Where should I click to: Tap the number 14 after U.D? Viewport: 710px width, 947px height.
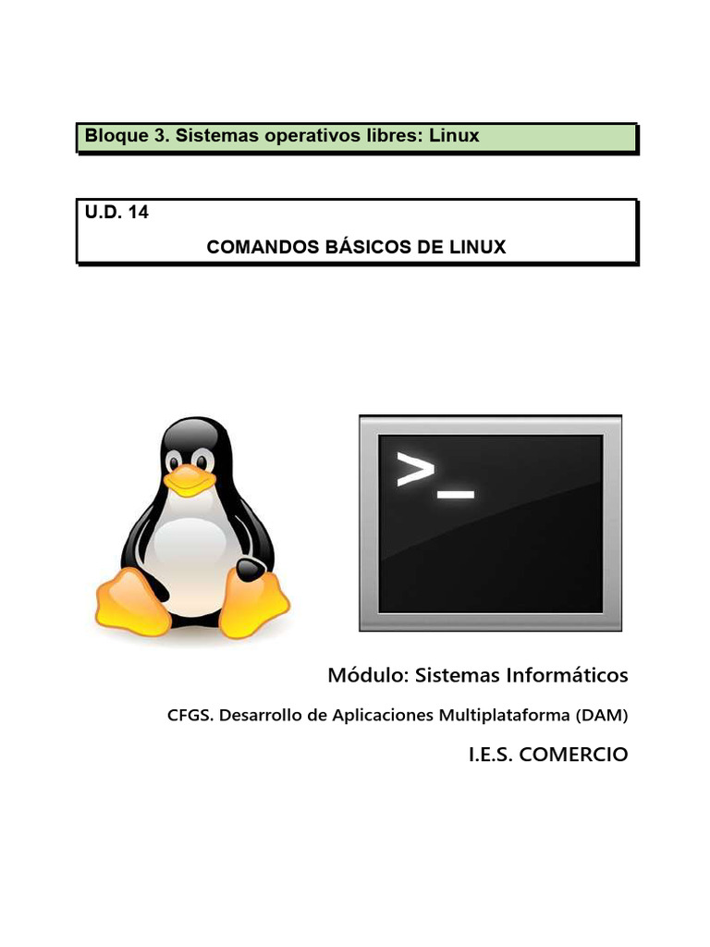tap(138, 212)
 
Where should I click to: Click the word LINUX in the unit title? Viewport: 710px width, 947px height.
tap(474, 248)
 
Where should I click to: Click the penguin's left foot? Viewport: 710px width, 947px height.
tap(133, 603)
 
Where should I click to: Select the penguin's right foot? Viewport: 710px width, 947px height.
tap(253, 603)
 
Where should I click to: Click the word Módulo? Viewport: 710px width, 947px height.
tap(367, 676)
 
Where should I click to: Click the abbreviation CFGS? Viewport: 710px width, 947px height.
tap(190, 715)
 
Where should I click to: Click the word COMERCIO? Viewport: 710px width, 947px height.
tap(574, 755)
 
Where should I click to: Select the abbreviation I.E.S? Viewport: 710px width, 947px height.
tap(492, 755)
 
